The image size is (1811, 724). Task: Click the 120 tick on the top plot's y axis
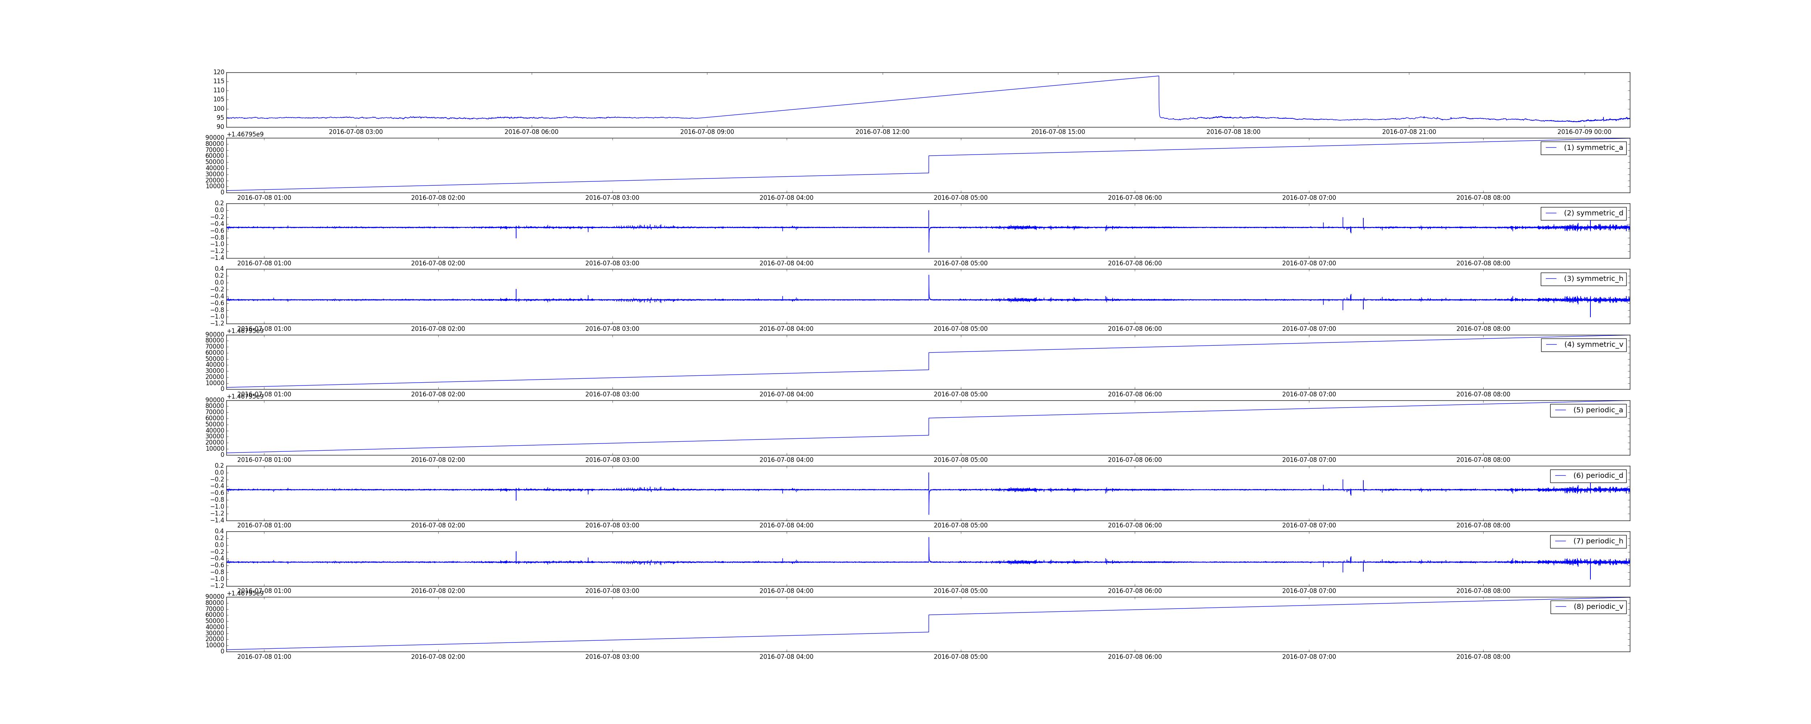click(219, 72)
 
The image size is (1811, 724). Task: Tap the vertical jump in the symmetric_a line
click(929, 164)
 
